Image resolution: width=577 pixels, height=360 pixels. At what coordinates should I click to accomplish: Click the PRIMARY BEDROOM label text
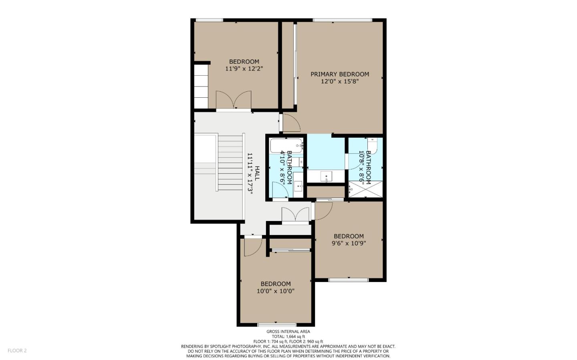[339, 74]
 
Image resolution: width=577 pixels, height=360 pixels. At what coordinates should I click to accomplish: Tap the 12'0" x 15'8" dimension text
[339, 82]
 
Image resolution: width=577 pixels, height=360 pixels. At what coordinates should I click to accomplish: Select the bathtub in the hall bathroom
[286, 145]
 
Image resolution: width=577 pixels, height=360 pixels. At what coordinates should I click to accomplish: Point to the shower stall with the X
[365, 189]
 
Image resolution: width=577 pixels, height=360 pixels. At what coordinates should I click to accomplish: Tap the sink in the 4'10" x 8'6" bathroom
[298, 186]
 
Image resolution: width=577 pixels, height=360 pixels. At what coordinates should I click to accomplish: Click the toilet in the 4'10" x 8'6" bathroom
[297, 162]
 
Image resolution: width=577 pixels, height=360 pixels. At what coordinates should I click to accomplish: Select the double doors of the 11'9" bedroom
[234, 100]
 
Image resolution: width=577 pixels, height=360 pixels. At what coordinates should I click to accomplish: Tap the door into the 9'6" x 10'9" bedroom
[323, 211]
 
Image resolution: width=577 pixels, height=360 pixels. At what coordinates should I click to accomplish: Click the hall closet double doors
[295, 214]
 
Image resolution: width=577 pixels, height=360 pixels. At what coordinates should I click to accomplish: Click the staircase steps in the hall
[230, 163]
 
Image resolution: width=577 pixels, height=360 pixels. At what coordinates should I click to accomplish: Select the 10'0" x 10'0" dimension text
[275, 291]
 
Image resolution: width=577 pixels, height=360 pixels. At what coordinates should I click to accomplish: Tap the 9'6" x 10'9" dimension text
[349, 243]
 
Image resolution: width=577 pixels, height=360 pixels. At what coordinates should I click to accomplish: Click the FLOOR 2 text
[17, 351]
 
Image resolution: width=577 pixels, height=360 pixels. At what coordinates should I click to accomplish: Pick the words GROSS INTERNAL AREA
[288, 332]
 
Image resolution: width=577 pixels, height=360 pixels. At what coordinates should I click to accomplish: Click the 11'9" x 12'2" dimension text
[244, 69]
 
